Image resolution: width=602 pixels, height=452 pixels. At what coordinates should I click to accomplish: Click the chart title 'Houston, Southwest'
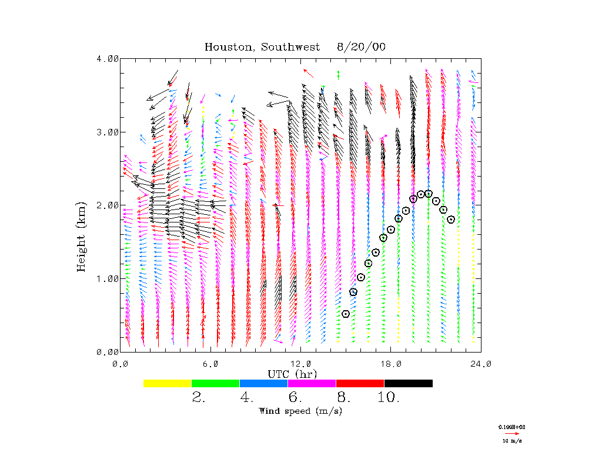(x=262, y=47)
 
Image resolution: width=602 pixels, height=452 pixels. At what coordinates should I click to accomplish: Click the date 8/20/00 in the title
(x=362, y=47)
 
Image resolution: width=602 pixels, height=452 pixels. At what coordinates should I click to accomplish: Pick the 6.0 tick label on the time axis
(x=210, y=364)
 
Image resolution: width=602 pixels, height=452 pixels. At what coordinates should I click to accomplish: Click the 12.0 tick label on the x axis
(x=300, y=364)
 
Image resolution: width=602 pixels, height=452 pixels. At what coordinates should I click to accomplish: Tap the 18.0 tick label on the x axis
(x=390, y=364)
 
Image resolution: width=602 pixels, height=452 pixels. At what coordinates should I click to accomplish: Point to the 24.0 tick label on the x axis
(x=481, y=364)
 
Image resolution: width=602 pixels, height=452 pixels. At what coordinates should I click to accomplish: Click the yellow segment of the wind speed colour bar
(x=168, y=383)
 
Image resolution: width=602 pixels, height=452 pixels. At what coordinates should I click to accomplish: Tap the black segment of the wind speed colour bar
(x=409, y=383)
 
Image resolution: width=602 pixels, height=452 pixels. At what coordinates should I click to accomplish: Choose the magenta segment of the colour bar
(x=312, y=383)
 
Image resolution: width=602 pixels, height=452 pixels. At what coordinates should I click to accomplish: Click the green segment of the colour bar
(x=216, y=383)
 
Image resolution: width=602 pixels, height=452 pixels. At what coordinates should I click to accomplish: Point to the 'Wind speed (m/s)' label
(x=300, y=411)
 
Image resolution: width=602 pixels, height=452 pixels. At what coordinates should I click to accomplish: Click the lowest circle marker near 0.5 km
(x=346, y=314)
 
